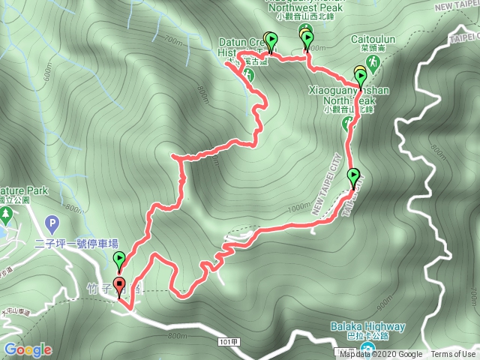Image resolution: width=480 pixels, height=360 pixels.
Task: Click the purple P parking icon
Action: coord(51,223)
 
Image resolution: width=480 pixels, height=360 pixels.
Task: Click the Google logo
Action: coord(27,349)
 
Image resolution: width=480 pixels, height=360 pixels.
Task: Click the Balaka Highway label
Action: coord(367,326)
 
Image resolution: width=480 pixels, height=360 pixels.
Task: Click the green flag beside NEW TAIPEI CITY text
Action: coord(354,176)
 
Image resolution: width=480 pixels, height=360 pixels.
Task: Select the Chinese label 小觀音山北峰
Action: coord(349,109)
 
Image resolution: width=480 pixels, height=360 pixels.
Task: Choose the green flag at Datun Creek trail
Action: coord(271,40)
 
